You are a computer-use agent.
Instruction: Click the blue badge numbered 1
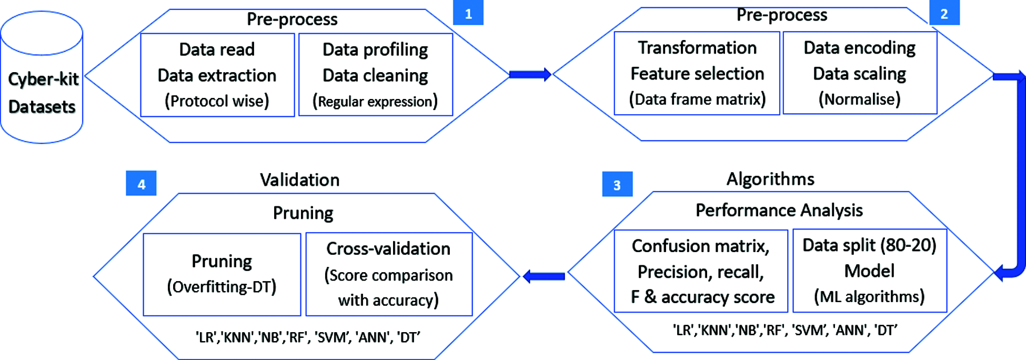coord(468,13)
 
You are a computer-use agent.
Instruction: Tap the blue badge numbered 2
coord(944,13)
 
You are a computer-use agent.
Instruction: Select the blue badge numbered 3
coord(617,184)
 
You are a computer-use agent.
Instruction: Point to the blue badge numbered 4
coord(141,184)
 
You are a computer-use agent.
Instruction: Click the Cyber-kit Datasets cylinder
coord(42,79)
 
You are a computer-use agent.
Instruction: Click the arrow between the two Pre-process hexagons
coord(529,75)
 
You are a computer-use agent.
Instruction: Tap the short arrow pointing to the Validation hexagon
coord(544,276)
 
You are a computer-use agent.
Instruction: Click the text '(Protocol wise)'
coord(217,101)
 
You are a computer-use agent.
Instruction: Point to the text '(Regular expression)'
coord(375,101)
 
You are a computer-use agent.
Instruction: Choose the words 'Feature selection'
coord(697,74)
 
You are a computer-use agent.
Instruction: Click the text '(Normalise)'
coord(859,99)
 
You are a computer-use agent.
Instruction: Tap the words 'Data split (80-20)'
coord(869,245)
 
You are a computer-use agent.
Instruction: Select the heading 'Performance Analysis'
coord(779,211)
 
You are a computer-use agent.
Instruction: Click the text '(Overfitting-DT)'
coord(222,287)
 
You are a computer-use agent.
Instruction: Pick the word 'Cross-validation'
coord(388,248)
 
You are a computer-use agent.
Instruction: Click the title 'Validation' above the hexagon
coord(299,180)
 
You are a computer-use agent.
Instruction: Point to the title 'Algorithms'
coord(770,179)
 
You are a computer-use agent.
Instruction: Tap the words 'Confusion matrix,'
coord(700,246)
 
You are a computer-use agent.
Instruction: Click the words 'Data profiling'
coord(375,49)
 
